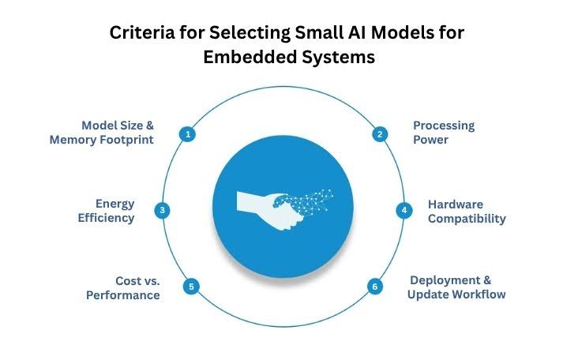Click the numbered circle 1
click(188, 134)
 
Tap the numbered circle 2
click(380, 134)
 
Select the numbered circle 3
click(162, 210)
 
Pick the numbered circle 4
click(403, 210)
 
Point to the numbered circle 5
click(190, 287)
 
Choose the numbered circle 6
click(375, 287)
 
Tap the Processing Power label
click(443, 133)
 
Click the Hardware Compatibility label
click(467, 211)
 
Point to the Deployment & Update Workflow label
click(456, 287)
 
